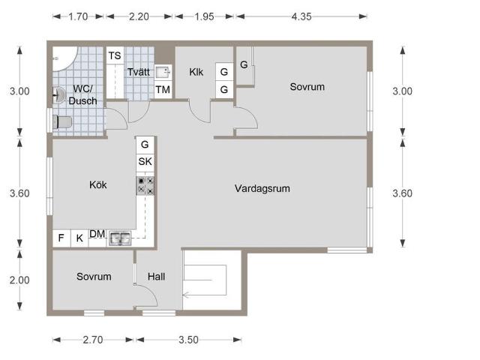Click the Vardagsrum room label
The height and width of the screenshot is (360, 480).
[x=262, y=188]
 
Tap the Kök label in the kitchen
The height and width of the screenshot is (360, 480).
[x=98, y=184]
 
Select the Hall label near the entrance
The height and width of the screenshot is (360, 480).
[x=156, y=277]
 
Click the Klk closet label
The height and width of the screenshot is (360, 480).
[x=196, y=72]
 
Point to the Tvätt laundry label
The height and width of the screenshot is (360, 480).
[x=138, y=72]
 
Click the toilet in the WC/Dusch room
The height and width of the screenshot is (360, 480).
[x=62, y=122]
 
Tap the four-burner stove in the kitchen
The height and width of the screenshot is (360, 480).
[x=145, y=185]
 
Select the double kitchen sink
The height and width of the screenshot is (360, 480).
[x=120, y=238]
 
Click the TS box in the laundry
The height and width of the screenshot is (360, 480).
[x=115, y=55]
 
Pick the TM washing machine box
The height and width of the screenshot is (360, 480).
[x=163, y=90]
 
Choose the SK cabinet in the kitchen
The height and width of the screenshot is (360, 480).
[x=145, y=161]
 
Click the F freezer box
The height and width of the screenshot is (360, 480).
[x=61, y=238]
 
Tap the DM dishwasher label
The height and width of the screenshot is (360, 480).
[x=97, y=234]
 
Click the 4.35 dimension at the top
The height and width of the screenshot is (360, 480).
[x=301, y=16]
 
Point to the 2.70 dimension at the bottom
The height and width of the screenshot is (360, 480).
[x=93, y=340]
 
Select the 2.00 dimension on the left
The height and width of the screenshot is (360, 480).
[x=19, y=280]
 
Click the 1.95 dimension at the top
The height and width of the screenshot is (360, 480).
[x=204, y=16]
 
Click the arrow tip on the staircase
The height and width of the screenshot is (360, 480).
[x=183, y=295]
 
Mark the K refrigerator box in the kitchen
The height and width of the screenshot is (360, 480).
[x=79, y=238]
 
